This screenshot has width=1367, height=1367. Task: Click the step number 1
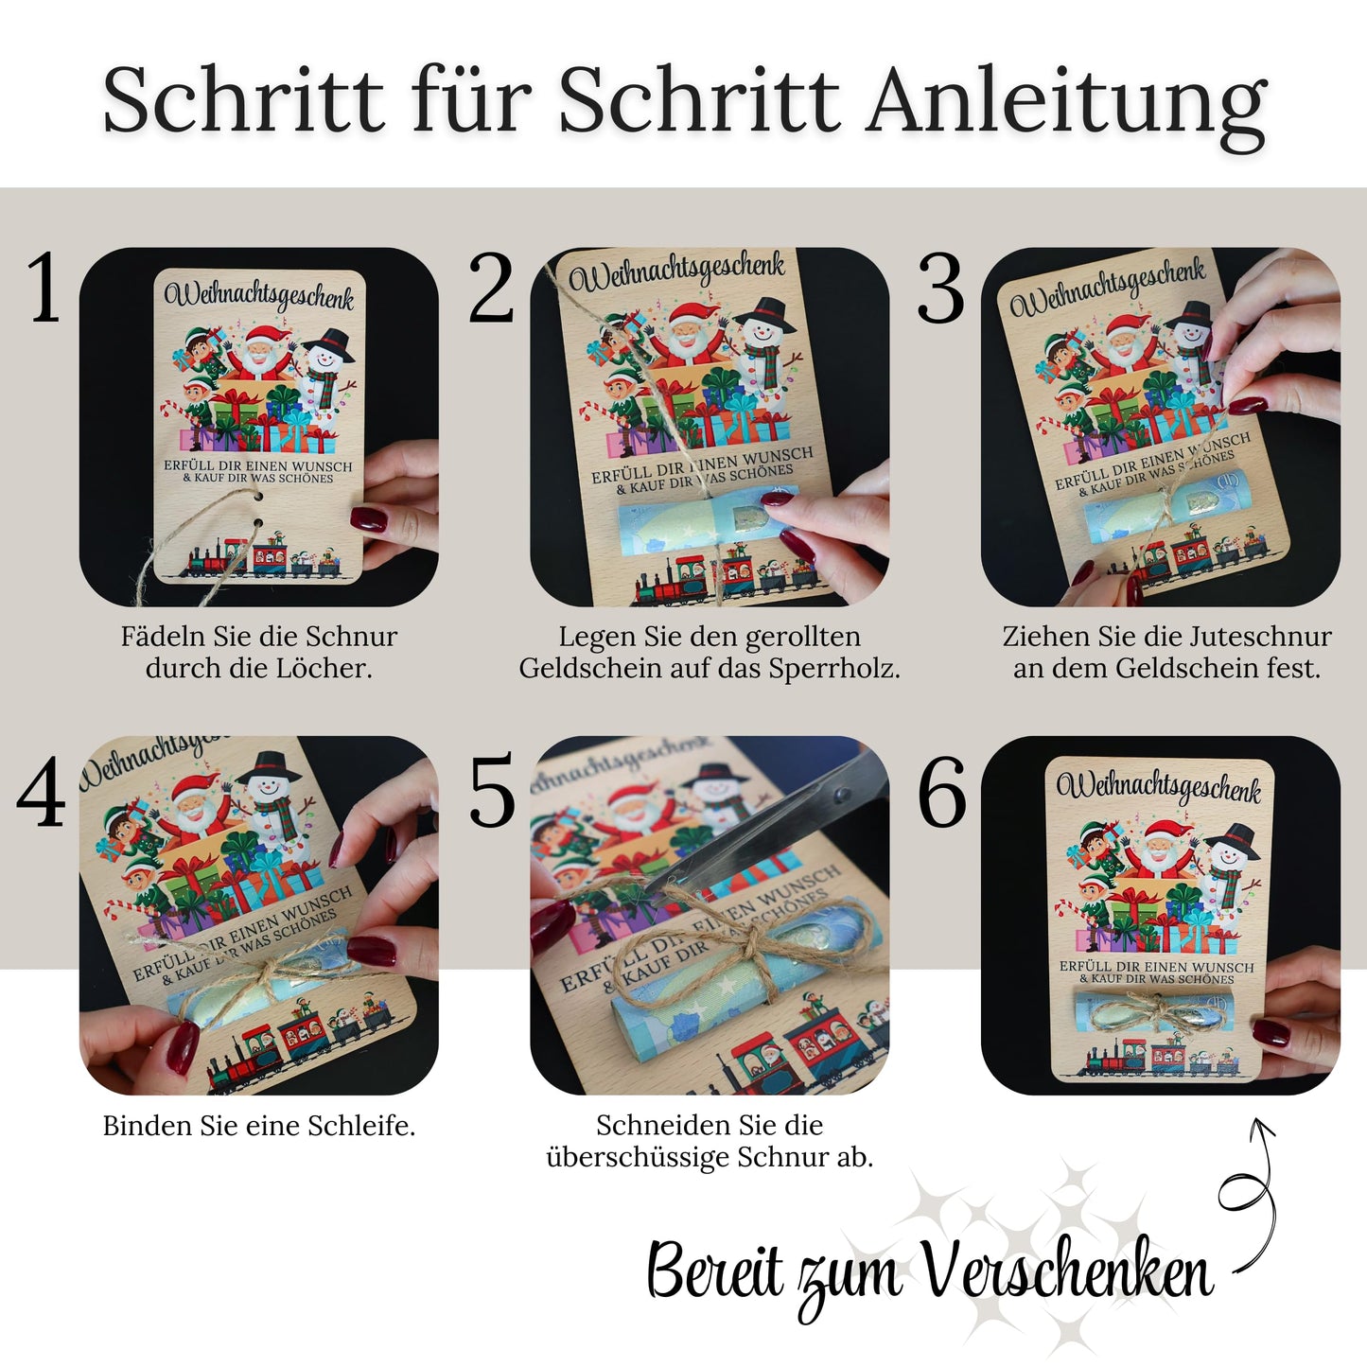[43, 287]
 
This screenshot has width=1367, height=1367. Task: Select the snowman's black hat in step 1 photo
[328, 344]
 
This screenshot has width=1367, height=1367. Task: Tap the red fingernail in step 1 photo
[368, 518]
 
